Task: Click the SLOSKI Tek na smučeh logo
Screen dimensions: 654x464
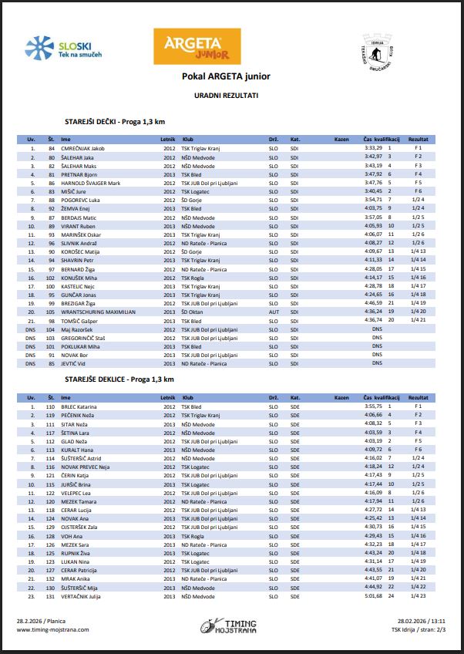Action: click(63, 49)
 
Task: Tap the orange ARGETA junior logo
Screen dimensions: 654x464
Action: click(197, 47)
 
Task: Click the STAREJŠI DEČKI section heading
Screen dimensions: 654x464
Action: click(116, 122)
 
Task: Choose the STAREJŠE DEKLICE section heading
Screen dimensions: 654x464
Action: click(119, 380)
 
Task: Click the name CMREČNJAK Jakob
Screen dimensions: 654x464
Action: click(82, 147)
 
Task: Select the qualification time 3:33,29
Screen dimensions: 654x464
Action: click(373, 147)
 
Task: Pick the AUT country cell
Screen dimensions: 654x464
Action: click(273, 312)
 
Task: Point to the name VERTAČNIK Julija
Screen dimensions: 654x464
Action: click(82, 596)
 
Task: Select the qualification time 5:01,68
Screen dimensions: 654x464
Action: click(373, 596)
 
